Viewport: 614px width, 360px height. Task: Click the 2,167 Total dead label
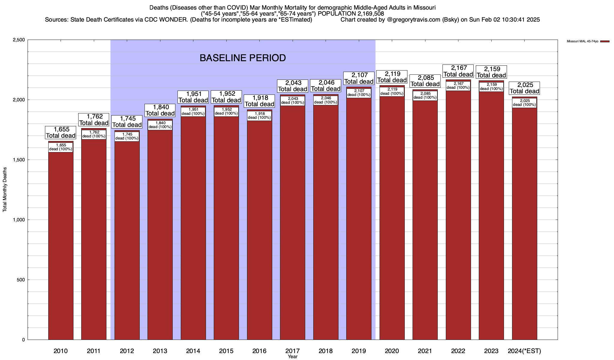458,71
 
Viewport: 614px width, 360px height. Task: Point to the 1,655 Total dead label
61,132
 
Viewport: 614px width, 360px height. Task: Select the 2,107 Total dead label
359,78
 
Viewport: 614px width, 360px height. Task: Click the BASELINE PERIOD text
243,58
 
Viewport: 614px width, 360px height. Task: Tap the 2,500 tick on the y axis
19,40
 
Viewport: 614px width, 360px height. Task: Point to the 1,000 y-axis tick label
19,220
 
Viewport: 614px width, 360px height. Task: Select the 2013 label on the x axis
160,351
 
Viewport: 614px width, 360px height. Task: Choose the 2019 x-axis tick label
359,351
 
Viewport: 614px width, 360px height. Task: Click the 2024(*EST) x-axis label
524,351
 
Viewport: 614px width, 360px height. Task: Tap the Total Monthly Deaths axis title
5,190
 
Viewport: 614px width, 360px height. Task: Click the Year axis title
292,357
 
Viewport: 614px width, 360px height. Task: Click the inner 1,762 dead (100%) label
94,134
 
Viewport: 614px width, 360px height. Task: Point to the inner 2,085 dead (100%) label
425,95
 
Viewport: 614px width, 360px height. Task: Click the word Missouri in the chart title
425,7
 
